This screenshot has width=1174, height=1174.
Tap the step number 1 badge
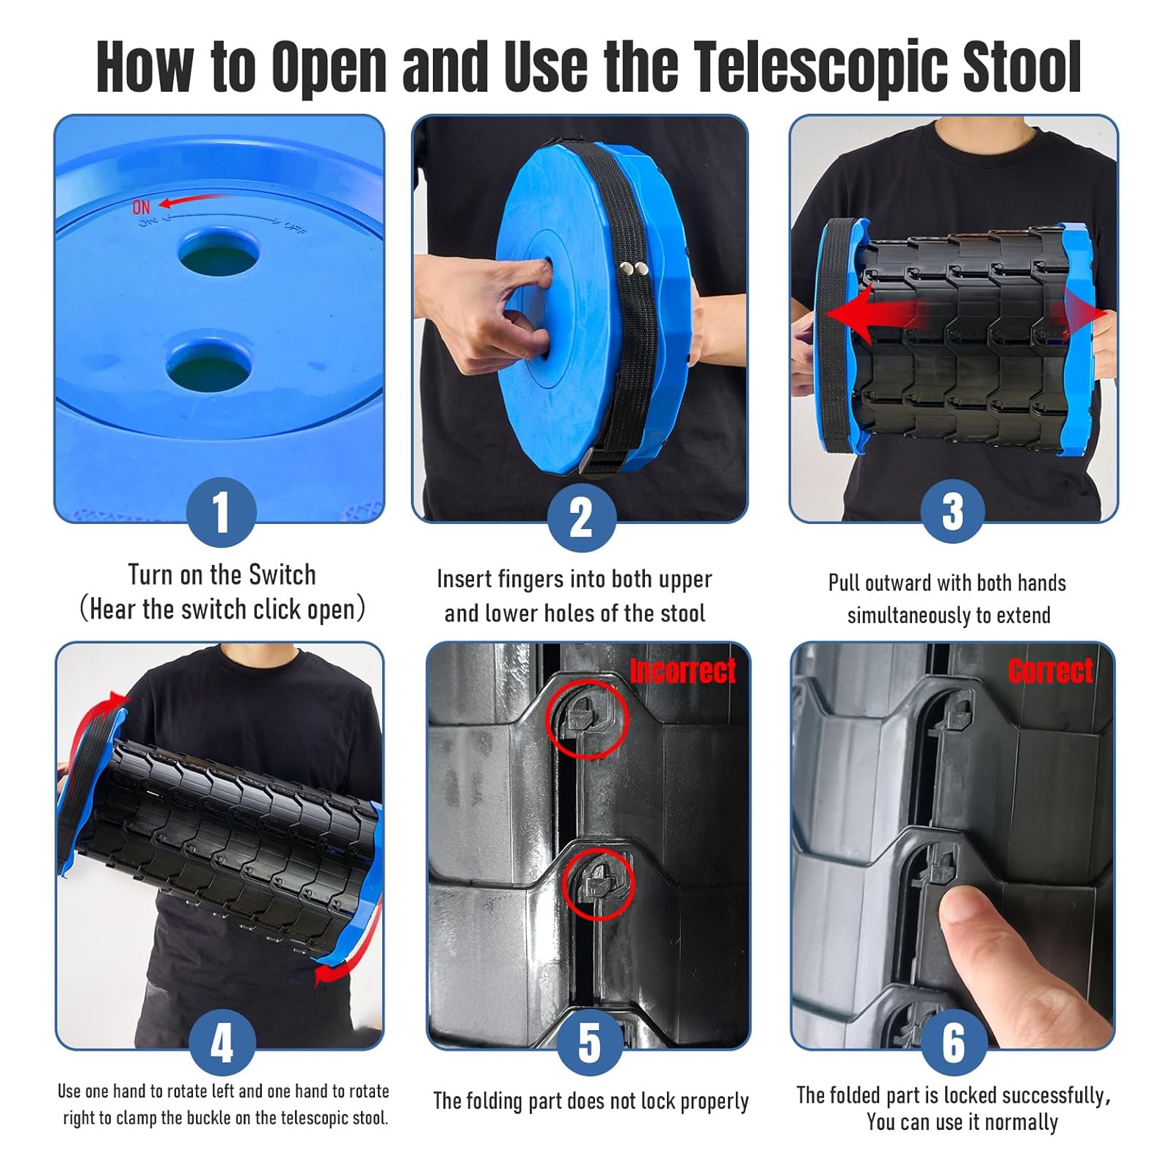(221, 512)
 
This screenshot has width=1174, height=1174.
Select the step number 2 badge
(581, 517)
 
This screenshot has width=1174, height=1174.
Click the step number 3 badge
(952, 511)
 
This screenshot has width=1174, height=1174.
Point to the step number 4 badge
(222, 1043)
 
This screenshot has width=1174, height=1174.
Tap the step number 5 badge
(590, 1043)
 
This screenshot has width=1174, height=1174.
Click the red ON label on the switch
(142, 208)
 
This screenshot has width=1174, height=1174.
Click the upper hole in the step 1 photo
(219, 252)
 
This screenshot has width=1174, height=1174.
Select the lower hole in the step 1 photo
(209, 364)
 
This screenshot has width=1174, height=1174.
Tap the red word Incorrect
(682, 671)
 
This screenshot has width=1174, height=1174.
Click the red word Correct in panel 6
(1050, 671)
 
